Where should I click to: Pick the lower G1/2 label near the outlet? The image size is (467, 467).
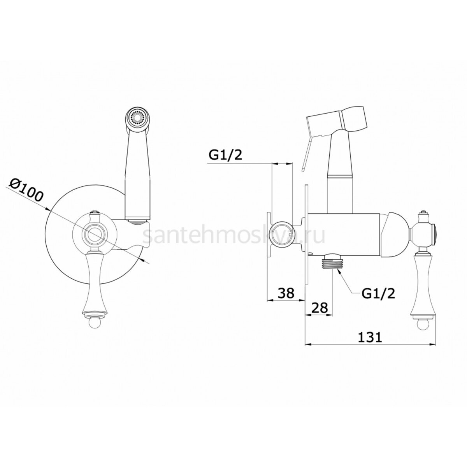tap(378, 293)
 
